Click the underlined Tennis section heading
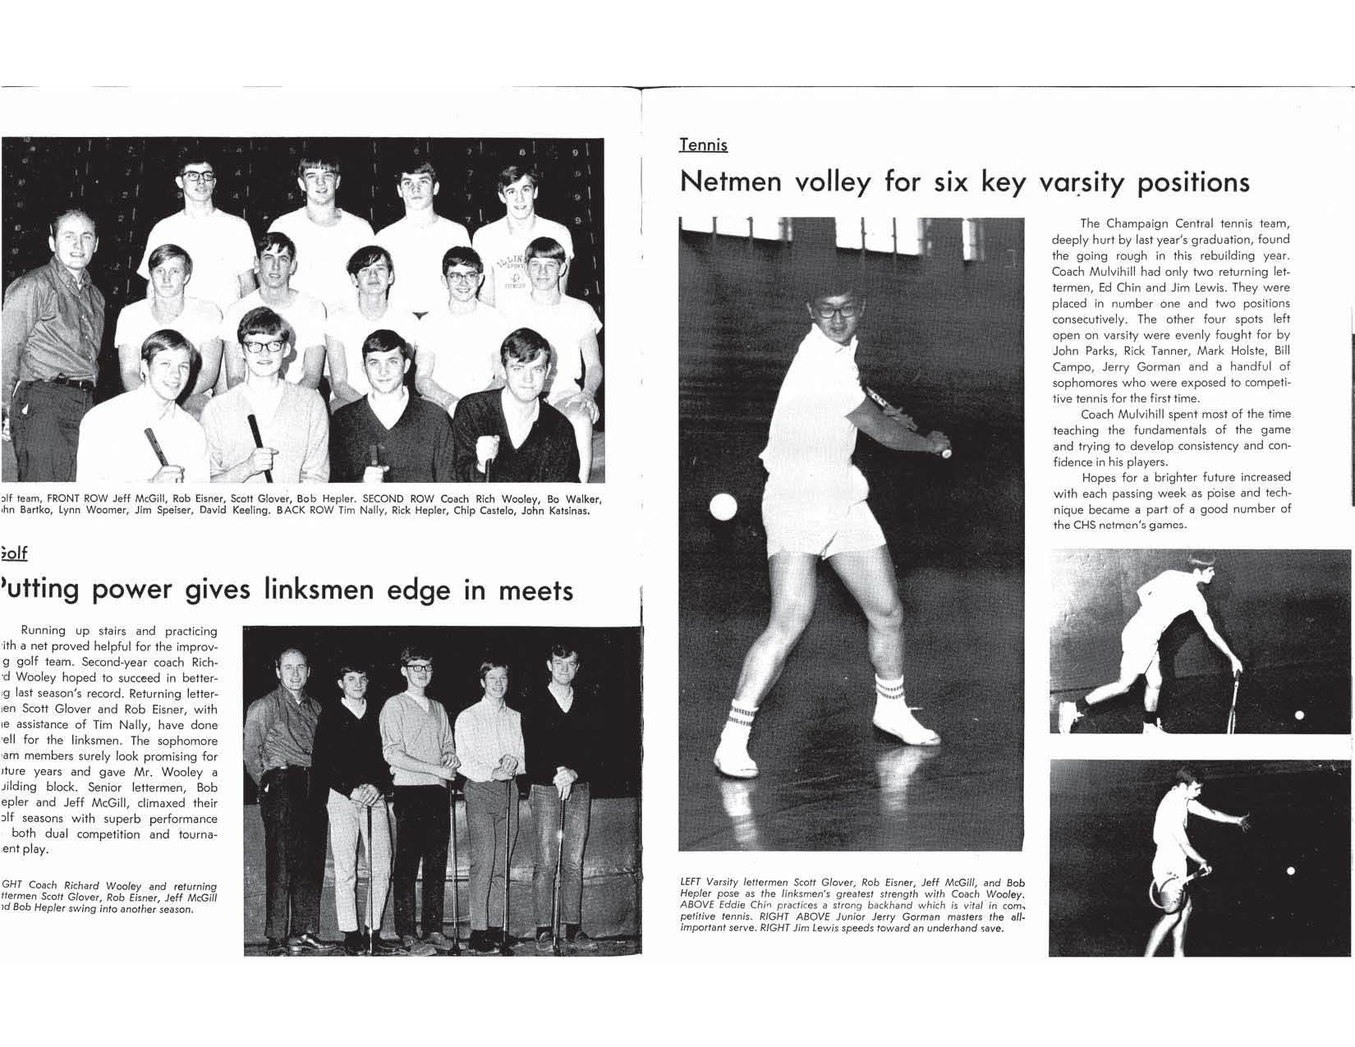click(703, 145)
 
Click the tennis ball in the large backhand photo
click(723, 507)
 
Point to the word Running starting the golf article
click(44, 631)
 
